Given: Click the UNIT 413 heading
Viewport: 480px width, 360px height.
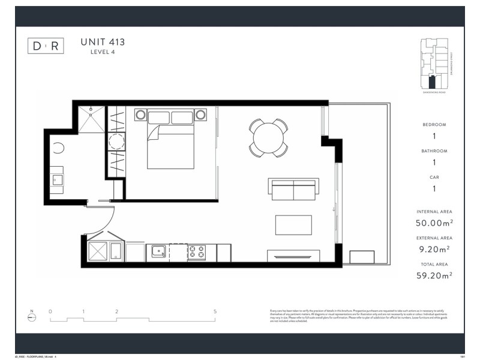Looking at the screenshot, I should click(103, 42).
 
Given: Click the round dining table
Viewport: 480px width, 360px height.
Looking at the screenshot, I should click(268, 138).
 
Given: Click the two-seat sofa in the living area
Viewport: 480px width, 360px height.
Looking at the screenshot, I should click(293, 190).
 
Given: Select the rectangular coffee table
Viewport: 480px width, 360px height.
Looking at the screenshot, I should click(293, 225).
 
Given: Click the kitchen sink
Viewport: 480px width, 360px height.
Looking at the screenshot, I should click(158, 251).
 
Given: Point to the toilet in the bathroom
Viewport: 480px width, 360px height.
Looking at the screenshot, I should click(58, 149).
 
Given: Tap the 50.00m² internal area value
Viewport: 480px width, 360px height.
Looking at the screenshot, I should click(434, 223).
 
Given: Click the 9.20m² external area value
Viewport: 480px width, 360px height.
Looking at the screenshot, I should click(434, 249).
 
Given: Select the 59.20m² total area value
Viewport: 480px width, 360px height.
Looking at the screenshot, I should click(434, 275).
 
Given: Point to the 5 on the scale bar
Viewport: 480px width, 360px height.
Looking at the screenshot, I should click(214, 312).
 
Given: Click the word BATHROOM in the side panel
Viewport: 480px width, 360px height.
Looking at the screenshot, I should click(434, 151).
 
